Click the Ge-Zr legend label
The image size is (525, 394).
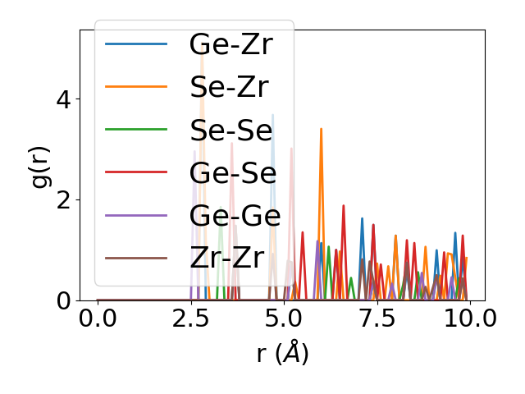coord(231,44)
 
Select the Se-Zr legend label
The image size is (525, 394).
coord(229,86)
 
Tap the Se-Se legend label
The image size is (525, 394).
coord(231,130)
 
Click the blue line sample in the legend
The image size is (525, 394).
coord(136,44)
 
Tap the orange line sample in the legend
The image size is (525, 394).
coord(136,86)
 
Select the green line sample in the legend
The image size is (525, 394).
coord(136,130)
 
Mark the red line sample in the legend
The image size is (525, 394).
coord(136,172)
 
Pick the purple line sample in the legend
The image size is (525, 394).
coord(136,215)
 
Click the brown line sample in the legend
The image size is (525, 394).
coord(136,258)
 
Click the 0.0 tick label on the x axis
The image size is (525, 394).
coord(98,319)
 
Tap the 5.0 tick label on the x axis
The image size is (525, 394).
coord(284,319)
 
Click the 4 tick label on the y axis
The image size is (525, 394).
coord(63,99)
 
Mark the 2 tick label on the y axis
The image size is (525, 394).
coord(63,200)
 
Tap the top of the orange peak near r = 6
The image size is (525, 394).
coord(321,129)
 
